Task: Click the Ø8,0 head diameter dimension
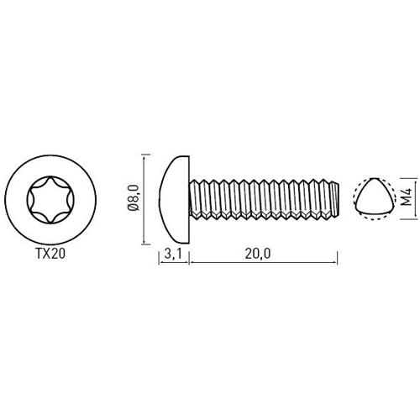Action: tap(132, 197)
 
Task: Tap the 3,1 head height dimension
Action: tap(174, 252)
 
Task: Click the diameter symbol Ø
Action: tap(132, 213)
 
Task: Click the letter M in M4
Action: tap(405, 203)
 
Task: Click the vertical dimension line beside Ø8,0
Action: tap(145, 197)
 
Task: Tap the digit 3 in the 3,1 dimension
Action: tap(168, 252)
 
